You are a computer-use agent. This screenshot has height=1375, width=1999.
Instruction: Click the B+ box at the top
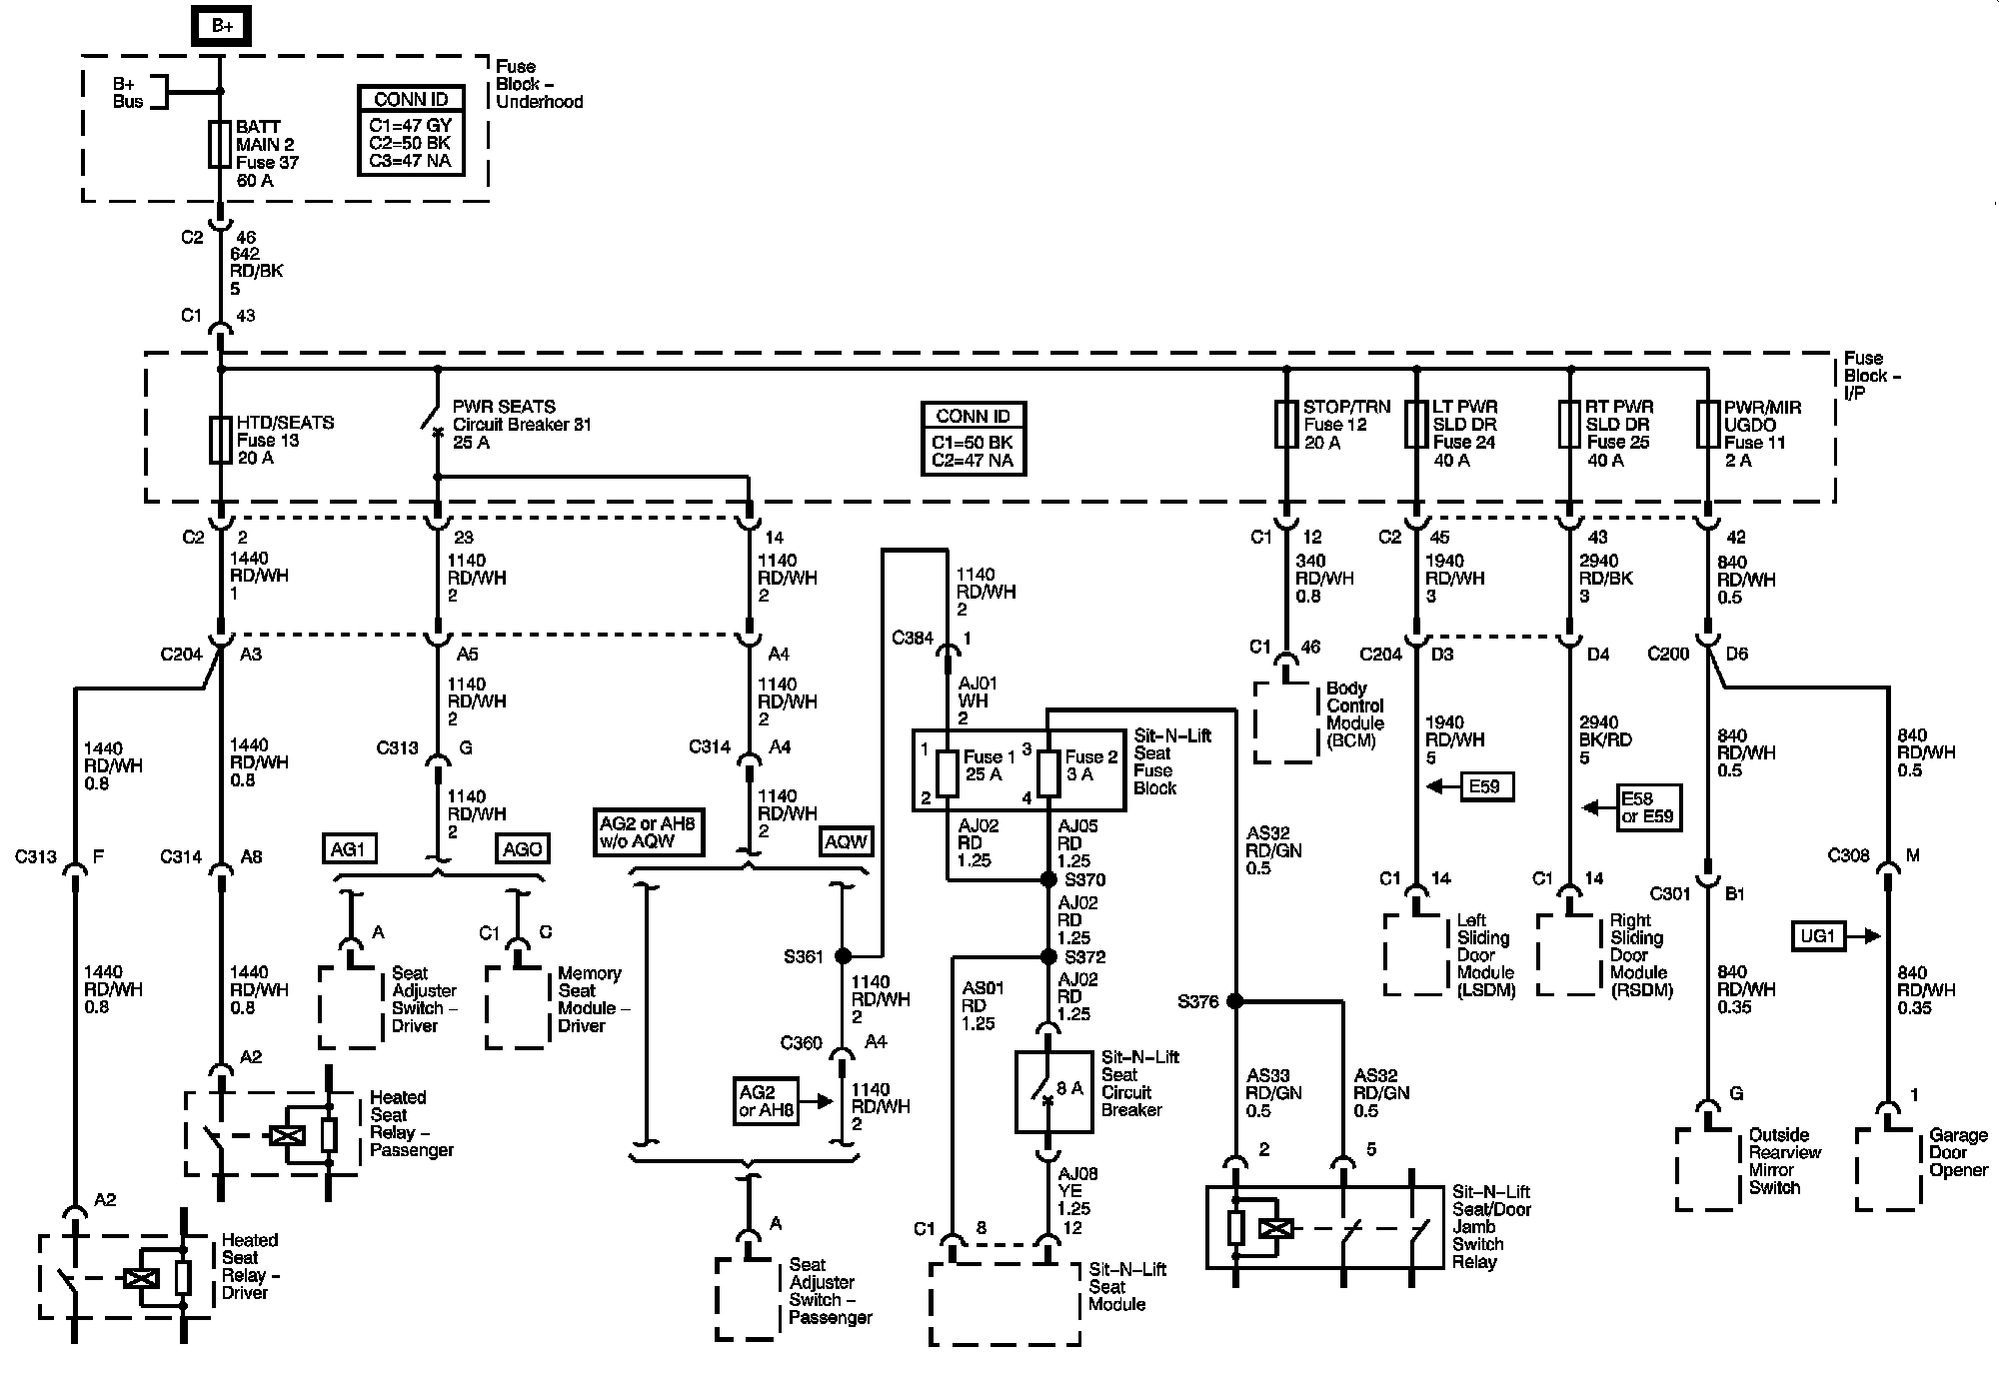tap(221, 26)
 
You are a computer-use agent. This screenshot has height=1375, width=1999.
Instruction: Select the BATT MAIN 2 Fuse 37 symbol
tap(221, 145)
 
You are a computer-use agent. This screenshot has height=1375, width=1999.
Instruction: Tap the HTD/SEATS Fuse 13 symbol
tap(221, 440)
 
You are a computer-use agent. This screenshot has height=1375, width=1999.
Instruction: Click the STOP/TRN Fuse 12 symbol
tap(1286, 425)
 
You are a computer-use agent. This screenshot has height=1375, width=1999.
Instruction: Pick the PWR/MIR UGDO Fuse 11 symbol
tap(1707, 425)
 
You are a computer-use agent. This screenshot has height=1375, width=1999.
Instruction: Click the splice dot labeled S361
tap(843, 955)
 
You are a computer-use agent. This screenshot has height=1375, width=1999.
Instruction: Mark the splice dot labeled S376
tap(1235, 1000)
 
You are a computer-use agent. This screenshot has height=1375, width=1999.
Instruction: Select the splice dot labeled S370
tap(1048, 879)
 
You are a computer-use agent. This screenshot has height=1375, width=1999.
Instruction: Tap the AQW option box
tap(846, 841)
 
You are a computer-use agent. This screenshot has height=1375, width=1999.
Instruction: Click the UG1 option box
tap(1818, 936)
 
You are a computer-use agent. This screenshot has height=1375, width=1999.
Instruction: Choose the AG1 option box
tap(348, 849)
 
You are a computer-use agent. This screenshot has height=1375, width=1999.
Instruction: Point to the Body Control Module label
tap(1355, 714)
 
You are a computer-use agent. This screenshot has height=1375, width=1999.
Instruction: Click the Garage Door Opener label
tap(1958, 1152)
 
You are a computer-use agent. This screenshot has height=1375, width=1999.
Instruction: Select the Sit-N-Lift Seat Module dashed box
tap(1004, 1304)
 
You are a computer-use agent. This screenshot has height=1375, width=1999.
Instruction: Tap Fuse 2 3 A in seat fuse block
tap(1048, 773)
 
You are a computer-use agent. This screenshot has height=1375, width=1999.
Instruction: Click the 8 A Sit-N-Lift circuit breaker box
tap(1053, 1091)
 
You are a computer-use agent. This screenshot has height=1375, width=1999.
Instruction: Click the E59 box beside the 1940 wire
tap(1484, 786)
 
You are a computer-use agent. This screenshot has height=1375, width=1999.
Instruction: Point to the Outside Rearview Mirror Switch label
tap(1784, 1161)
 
